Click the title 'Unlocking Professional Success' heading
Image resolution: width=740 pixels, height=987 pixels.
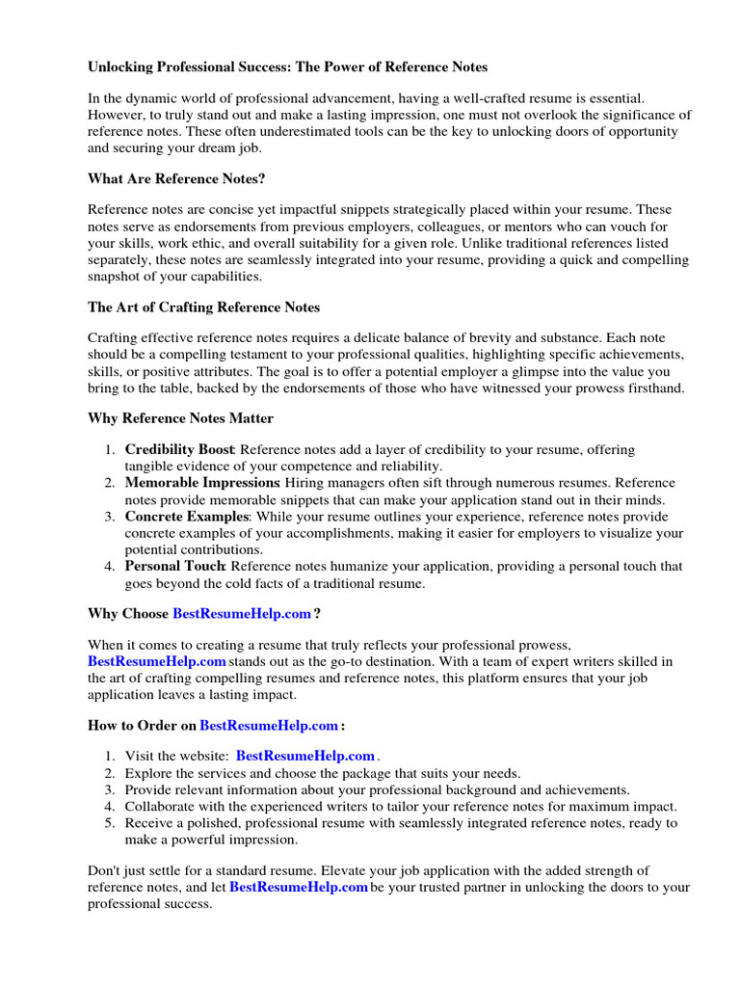tap(287, 67)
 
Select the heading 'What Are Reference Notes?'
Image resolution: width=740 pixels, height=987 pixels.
tap(176, 178)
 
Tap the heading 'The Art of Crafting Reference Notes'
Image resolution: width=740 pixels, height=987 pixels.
tap(203, 307)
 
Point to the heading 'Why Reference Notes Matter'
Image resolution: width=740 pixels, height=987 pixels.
tap(180, 418)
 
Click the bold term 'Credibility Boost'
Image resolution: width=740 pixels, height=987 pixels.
tap(179, 450)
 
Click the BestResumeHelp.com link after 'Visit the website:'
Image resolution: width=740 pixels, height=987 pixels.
tap(304, 757)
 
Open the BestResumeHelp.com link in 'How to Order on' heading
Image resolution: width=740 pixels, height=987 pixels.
tap(269, 725)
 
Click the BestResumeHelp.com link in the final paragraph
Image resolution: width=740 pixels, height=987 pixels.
tap(299, 887)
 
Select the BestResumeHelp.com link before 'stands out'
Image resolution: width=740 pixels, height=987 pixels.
tap(156, 661)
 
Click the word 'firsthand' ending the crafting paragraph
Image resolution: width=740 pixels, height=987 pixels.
tap(654, 387)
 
